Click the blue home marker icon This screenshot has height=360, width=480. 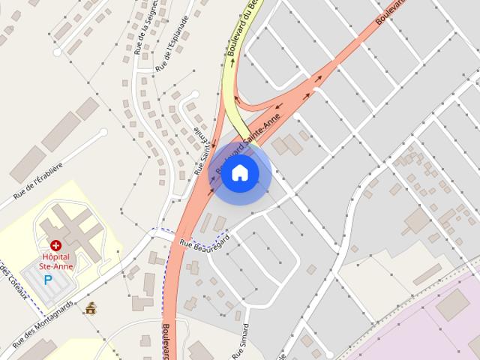(239, 173)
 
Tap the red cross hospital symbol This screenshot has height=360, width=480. (55, 245)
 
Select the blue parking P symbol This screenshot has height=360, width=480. (49, 280)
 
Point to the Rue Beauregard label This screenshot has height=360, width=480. (204, 240)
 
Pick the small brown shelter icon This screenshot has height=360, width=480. (91, 308)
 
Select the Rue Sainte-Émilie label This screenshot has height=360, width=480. (200, 154)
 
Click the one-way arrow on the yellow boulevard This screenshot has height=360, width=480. (232, 63)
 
